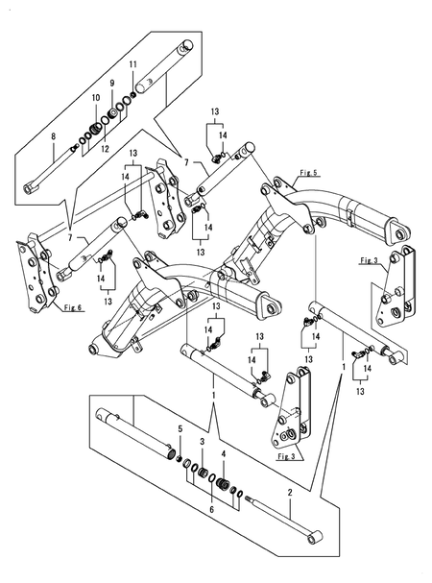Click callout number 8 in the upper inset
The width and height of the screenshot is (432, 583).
coord(54,136)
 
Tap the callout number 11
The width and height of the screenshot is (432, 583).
coord(132,64)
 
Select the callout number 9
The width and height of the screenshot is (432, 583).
coord(112,84)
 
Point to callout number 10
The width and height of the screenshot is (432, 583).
coord(96,98)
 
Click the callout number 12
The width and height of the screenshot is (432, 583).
coord(106,149)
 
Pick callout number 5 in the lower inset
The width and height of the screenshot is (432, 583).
coord(180,429)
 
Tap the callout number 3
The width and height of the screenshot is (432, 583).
coord(203,442)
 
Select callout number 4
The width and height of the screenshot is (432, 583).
coord(224,454)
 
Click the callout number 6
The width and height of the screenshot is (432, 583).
coord(212,509)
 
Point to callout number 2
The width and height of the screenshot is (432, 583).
coord(290,493)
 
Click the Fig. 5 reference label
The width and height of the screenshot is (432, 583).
coord(308,173)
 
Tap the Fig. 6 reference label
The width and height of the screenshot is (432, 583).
coord(73,307)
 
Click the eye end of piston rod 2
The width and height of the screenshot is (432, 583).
coord(315,538)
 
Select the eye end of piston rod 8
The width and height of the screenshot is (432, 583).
coord(31,188)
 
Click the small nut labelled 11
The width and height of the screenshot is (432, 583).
coord(132,94)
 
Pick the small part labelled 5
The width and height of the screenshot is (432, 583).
coord(180,459)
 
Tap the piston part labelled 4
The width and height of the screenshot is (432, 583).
coord(223,484)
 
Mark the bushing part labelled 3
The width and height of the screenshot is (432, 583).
coord(203,473)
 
